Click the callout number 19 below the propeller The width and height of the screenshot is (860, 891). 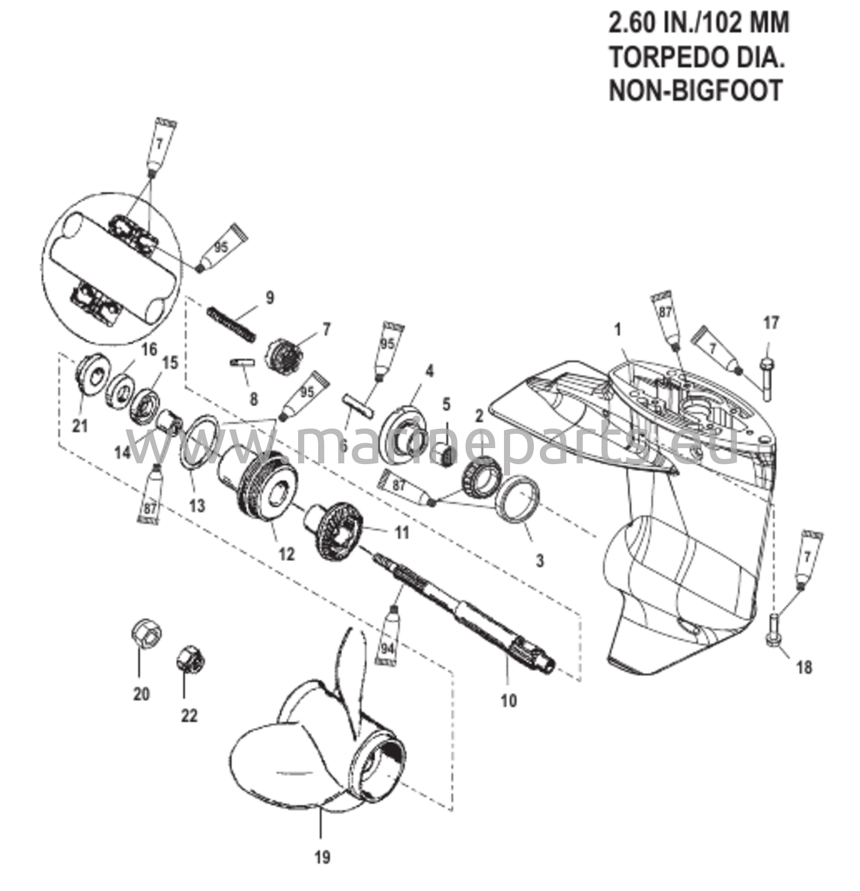(x=322, y=858)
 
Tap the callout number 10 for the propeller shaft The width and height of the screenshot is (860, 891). (x=509, y=700)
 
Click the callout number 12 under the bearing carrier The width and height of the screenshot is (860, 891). (x=287, y=553)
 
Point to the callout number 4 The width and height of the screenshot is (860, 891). (x=429, y=371)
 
